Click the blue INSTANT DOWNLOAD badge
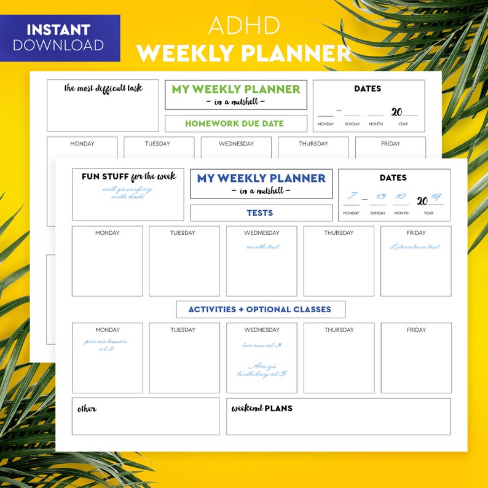59,37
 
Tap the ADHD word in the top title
244,25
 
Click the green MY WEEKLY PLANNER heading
235,89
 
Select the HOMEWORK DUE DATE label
235,124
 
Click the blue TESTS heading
260,213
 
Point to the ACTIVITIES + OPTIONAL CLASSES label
260,309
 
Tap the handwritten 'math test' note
262,247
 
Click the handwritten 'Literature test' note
415,247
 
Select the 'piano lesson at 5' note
106,345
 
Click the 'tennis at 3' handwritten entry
262,345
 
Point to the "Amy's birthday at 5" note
262,369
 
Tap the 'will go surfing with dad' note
127,193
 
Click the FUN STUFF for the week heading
128,177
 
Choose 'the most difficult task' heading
103,88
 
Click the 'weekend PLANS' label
262,408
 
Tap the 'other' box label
87,409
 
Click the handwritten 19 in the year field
436,197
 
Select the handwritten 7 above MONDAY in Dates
352,197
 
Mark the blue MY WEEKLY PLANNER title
261,178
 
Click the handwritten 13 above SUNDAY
380,197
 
